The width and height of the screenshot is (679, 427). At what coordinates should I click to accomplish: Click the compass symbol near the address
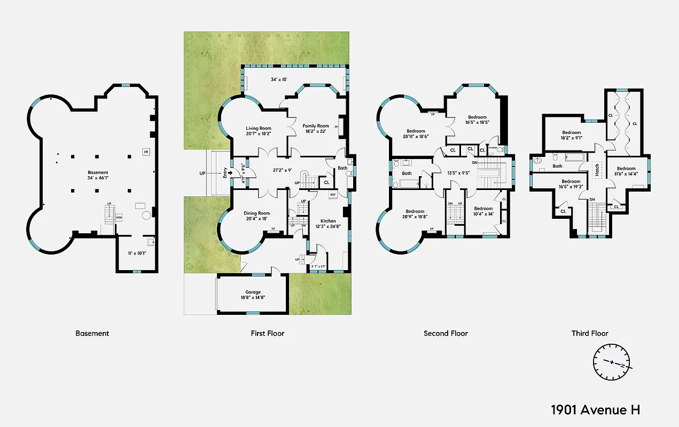612,362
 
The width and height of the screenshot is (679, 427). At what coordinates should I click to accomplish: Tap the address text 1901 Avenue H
595,410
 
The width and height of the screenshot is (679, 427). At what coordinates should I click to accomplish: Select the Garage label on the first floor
253,292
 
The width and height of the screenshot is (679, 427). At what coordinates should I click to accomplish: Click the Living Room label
259,128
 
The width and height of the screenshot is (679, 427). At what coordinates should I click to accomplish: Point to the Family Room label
316,126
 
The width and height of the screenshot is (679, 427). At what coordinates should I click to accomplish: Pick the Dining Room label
257,213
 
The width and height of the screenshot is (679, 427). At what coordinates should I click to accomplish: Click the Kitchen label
328,220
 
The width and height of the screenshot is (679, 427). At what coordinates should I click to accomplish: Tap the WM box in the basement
119,218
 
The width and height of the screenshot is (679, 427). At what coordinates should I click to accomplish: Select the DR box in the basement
146,152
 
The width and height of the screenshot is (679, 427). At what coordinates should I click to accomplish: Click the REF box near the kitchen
332,195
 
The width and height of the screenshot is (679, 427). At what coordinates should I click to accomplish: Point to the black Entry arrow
231,172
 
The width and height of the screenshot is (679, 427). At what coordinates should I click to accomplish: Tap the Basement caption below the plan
92,333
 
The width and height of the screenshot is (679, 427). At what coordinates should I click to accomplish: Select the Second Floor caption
446,333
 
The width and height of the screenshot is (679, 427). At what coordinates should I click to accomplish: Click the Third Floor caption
590,333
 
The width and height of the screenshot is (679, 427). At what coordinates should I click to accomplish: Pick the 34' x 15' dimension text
279,80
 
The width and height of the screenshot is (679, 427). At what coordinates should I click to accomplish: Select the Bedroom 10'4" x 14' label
483,211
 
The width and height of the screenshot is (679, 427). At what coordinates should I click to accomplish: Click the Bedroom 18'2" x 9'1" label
571,135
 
